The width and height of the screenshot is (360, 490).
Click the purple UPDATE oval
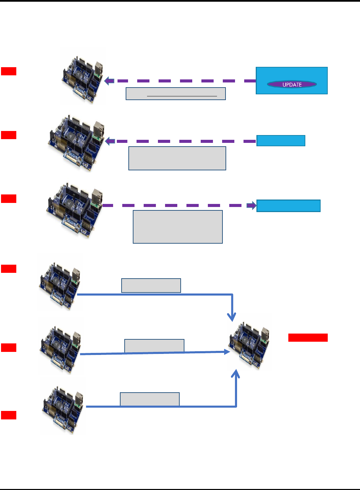(292, 84)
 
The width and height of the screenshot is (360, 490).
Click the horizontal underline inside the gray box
(182, 96)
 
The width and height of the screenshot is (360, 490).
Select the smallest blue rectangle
(281, 140)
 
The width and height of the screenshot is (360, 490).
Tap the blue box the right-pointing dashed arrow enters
(288, 206)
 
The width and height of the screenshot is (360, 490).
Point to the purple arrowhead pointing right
(252, 206)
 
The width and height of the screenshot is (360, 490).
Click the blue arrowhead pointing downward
(232, 317)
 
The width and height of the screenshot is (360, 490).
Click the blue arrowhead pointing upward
(236, 374)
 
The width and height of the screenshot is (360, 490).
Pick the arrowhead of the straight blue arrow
(227, 352)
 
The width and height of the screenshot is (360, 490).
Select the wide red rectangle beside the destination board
(308, 337)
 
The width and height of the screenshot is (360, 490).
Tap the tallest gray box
(178, 227)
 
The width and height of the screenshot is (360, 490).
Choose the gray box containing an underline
(176, 94)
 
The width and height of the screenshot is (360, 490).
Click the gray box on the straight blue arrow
(154, 346)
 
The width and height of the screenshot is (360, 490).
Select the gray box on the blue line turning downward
(151, 285)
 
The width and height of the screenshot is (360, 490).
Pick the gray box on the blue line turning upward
(150, 399)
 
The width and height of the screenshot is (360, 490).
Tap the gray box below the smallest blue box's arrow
(177, 158)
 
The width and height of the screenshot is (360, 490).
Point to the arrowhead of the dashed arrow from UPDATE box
(109, 81)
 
